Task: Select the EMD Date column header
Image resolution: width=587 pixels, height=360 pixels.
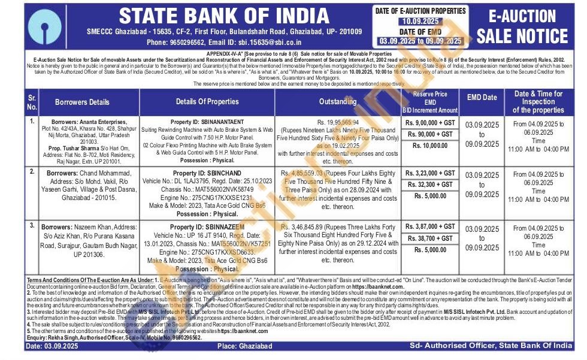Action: pyautogui.click(x=482, y=97)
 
